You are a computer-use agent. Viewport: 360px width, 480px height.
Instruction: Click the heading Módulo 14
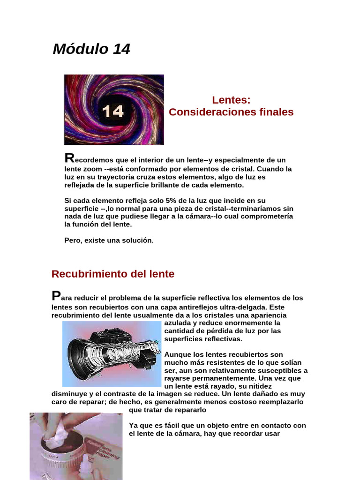[x=91, y=49]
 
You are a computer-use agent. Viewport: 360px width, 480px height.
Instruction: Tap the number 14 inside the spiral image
[x=113, y=111]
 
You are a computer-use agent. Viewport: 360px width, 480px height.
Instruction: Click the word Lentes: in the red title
[x=231, y=100]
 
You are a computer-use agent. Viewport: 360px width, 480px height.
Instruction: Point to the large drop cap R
[x=69, y=158]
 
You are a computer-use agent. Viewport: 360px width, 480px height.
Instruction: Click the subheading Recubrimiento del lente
[x=112, y=274]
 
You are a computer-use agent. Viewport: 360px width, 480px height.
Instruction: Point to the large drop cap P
[x=56, y=296]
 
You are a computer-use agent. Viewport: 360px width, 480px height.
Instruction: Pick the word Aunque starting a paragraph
[x=178, y=355]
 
